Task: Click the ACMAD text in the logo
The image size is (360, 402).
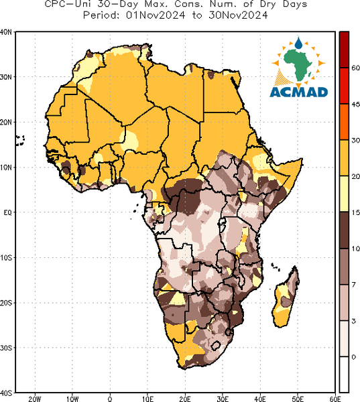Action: pyautogui.click(x=299, y=92)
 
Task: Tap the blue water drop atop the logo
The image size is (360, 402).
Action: pyautogui.click(x=298, y=43)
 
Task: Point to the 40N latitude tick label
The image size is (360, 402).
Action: pyautogui.click(x=5, y=32)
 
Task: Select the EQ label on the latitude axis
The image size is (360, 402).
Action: pyautogui.click(x=7, y=212)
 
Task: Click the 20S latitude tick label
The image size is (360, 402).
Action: pyautogui.click(x=5, y=303)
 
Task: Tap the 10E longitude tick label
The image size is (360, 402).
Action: pyautogui.click(x=147, y=399)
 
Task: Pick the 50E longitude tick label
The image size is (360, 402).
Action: pyautogui.click(x=298, y=399)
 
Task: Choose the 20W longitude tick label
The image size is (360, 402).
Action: pyautogui.click(x=35, y=399)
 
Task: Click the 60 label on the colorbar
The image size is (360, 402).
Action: pyautogui.click(x=355, y=68)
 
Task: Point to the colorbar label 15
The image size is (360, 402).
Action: pyautogui.click(x=355, y=212)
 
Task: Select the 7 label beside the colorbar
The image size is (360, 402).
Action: pyautogui.click(x=354, y=284)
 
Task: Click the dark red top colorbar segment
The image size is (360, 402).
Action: pyautogui.click(x=344, y=50)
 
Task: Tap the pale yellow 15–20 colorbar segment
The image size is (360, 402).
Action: pyautogui.click(x=344, y=194)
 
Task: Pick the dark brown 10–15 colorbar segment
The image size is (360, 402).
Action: pyautogui.click(x=344, y=230)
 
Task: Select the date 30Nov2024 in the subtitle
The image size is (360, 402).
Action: pyautogui.click(x=238, y=15)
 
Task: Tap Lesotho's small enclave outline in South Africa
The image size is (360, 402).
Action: pyautogui.click(x=216, y=345)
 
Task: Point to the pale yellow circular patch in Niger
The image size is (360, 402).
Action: pyautogui.click(x=130, y=140)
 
